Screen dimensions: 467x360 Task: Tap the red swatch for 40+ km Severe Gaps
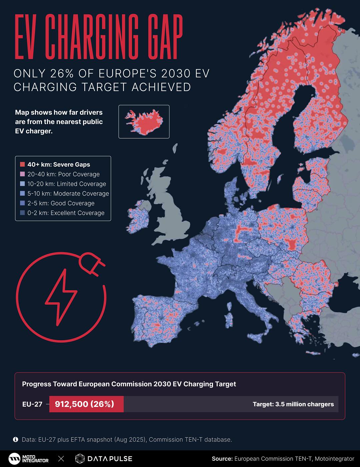pyautogui.click(x=22, y=164)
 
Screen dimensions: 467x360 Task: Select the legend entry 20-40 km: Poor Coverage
pyautogui.click(x=63, y=174)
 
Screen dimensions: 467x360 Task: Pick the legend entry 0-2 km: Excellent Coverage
pyautogui.click(x=66, y=213)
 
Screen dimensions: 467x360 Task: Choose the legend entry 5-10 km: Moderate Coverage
pyautogui.click(x=68, y=193)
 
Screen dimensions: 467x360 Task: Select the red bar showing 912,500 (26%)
pyautogui.click(x=86, y=404)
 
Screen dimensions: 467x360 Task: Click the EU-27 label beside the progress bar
pyautogui.click(x=32, y=404)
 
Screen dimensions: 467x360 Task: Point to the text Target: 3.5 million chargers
pyautogui.click(x=293, y=404)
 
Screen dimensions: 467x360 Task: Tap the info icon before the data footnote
pyautogui.click(x=15, y=440)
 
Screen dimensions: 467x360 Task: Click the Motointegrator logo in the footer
pyautogui.click(x=29, y=459)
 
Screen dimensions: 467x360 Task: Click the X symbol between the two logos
pyautogui.click(x=61, y=459)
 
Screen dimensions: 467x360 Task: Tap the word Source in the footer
pyautogui.click(x=222, y=459)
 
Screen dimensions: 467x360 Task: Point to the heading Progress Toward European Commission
pyautogui.click(x=129, y=384)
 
